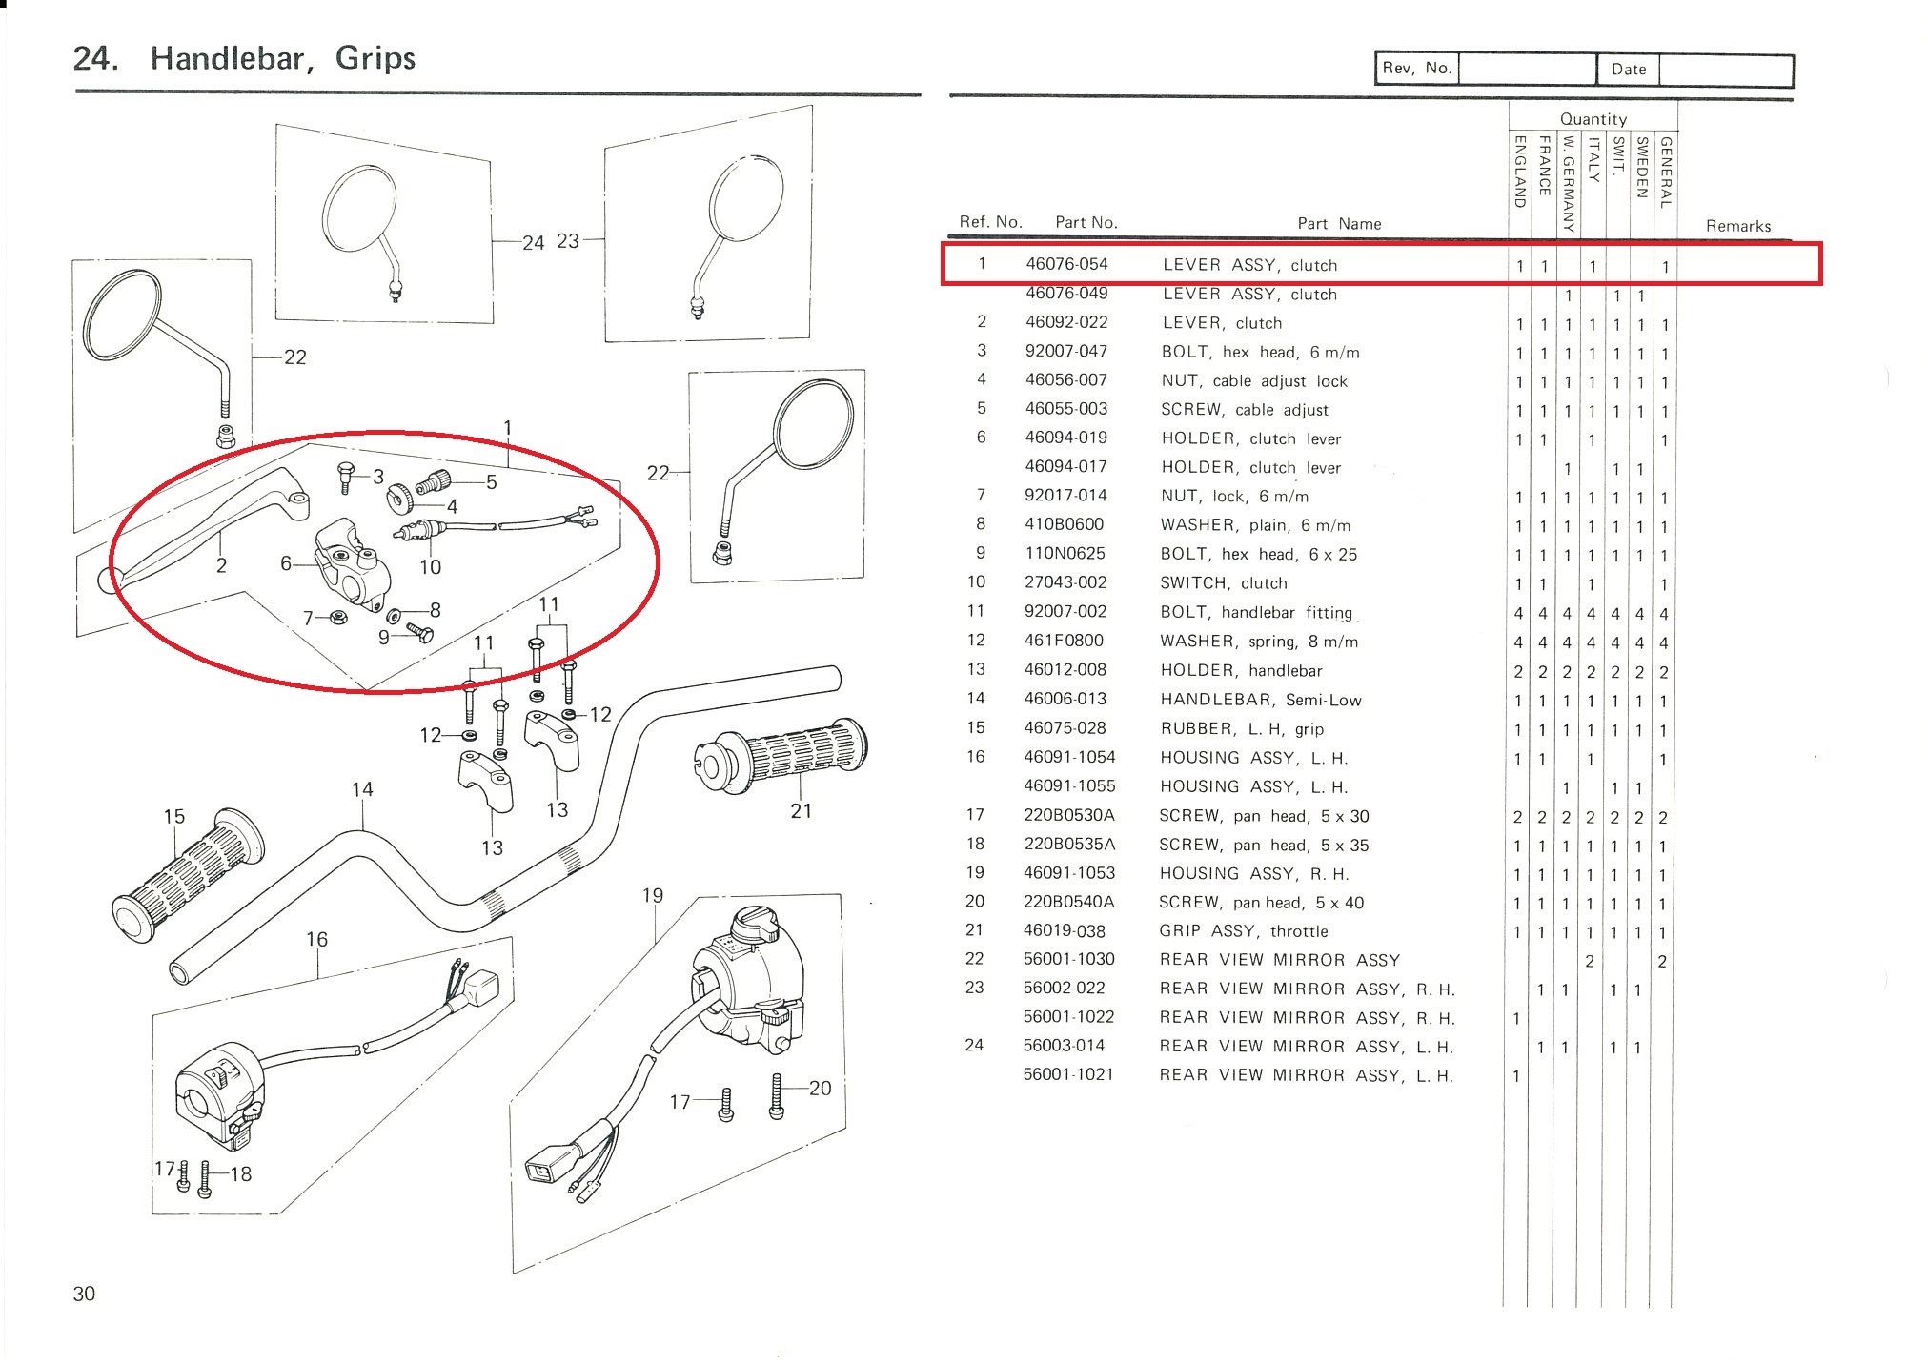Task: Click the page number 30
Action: tap(84, 1294)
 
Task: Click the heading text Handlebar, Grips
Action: tap(282, 59)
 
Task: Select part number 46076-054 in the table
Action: tap(1066, 264)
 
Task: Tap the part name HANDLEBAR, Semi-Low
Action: tap(1260, 700)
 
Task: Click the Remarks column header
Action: tap(1737, 226)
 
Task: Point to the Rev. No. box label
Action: tap(1416, 69)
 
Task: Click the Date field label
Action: tap(1628, 70)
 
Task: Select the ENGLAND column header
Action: tap(1520, 172)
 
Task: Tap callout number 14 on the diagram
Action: tap(362, 789)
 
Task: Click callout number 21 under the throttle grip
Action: tap(801, 811)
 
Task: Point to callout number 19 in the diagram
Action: tap(652, 895)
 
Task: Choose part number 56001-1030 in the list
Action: tap(1068, 959)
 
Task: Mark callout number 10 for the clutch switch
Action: tap(430, 567)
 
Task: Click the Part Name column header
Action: tap(1338, 224)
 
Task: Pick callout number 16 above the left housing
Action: tap(316, 939)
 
